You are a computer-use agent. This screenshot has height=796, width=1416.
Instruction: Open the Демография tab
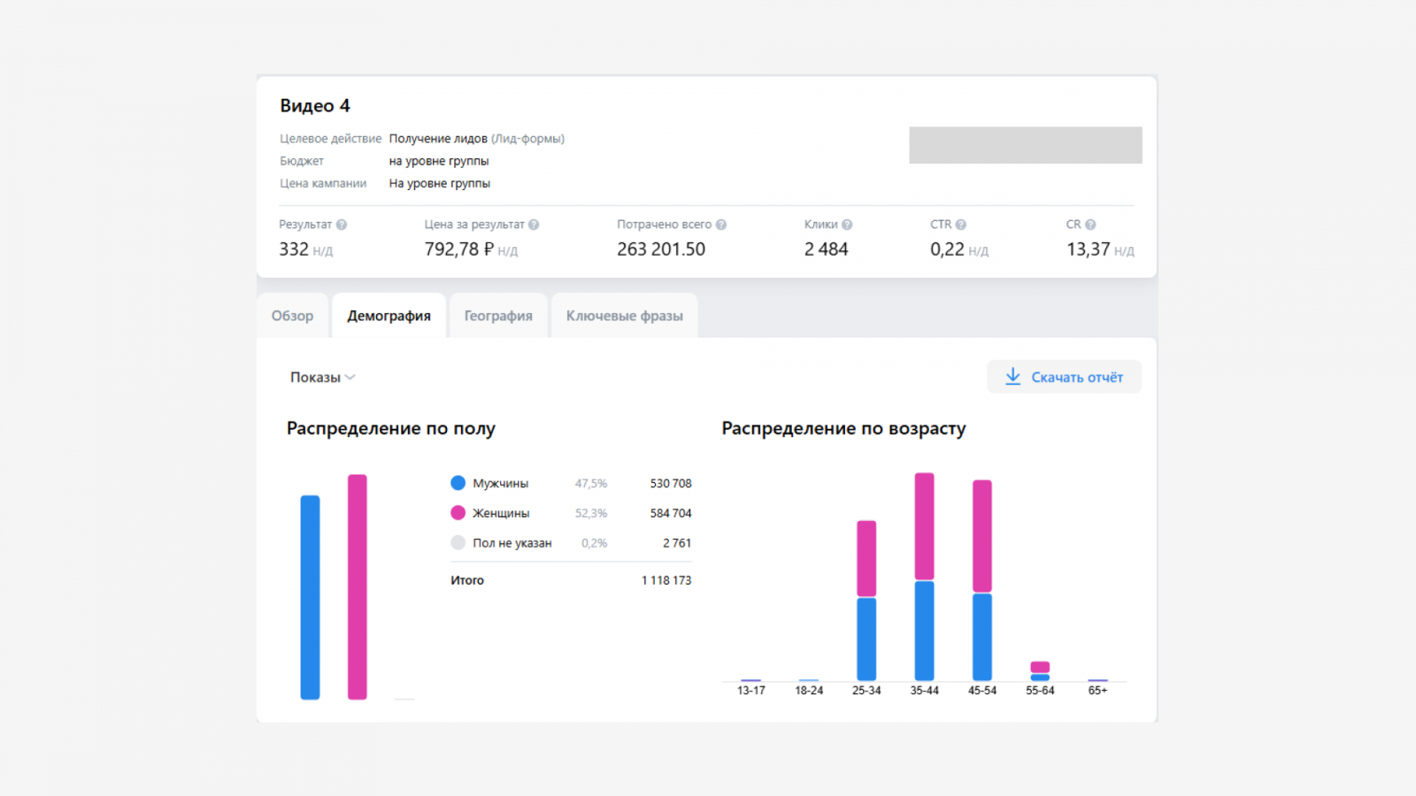tap(389, 315)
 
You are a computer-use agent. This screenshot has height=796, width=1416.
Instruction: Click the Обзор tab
tap(292, 315)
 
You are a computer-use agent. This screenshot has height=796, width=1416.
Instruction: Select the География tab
tap(498, 315)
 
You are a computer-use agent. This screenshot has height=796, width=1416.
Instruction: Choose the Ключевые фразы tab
tap(624, 315)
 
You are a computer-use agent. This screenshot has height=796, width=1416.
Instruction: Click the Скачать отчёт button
tap(1064, 377)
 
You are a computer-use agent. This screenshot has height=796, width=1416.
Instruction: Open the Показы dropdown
tap(322, 377)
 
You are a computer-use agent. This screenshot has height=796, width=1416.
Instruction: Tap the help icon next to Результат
tap(342, 225)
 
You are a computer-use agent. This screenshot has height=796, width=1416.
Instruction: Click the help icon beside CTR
tap(961, 225)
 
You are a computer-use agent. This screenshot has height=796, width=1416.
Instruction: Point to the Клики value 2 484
tap(826, 249)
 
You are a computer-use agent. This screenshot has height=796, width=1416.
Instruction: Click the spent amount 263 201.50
tap(660, 249)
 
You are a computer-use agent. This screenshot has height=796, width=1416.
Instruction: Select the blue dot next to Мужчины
tap(458, 483)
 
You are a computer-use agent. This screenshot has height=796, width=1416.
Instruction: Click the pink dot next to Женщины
tap(458, 512)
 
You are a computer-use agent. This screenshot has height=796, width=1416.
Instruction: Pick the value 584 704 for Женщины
tap(671, 513)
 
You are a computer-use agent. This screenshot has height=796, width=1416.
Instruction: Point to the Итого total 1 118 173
tap(666, 580)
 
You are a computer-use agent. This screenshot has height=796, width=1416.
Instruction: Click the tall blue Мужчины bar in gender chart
tap(310, 597)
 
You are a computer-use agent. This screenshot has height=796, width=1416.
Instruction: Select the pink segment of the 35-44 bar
tap(924, 525)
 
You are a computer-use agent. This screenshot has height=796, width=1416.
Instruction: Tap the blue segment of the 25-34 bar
tap(866, 639)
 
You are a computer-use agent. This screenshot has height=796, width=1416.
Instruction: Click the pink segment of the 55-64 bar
tap(1040, 667)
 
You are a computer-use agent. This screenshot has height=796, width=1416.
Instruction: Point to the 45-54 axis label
tap(981, 691)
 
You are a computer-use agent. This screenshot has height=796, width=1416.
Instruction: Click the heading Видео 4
tap(315, 105)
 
